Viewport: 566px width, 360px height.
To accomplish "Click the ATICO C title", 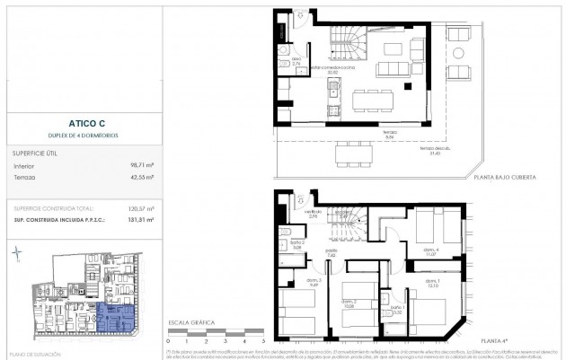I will click(83, 125).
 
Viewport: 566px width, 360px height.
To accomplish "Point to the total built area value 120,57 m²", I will click(140, 208).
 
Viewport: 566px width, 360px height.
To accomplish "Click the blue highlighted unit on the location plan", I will click(115, 317).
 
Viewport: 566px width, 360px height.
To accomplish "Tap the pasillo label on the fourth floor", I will click(332, 253).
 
